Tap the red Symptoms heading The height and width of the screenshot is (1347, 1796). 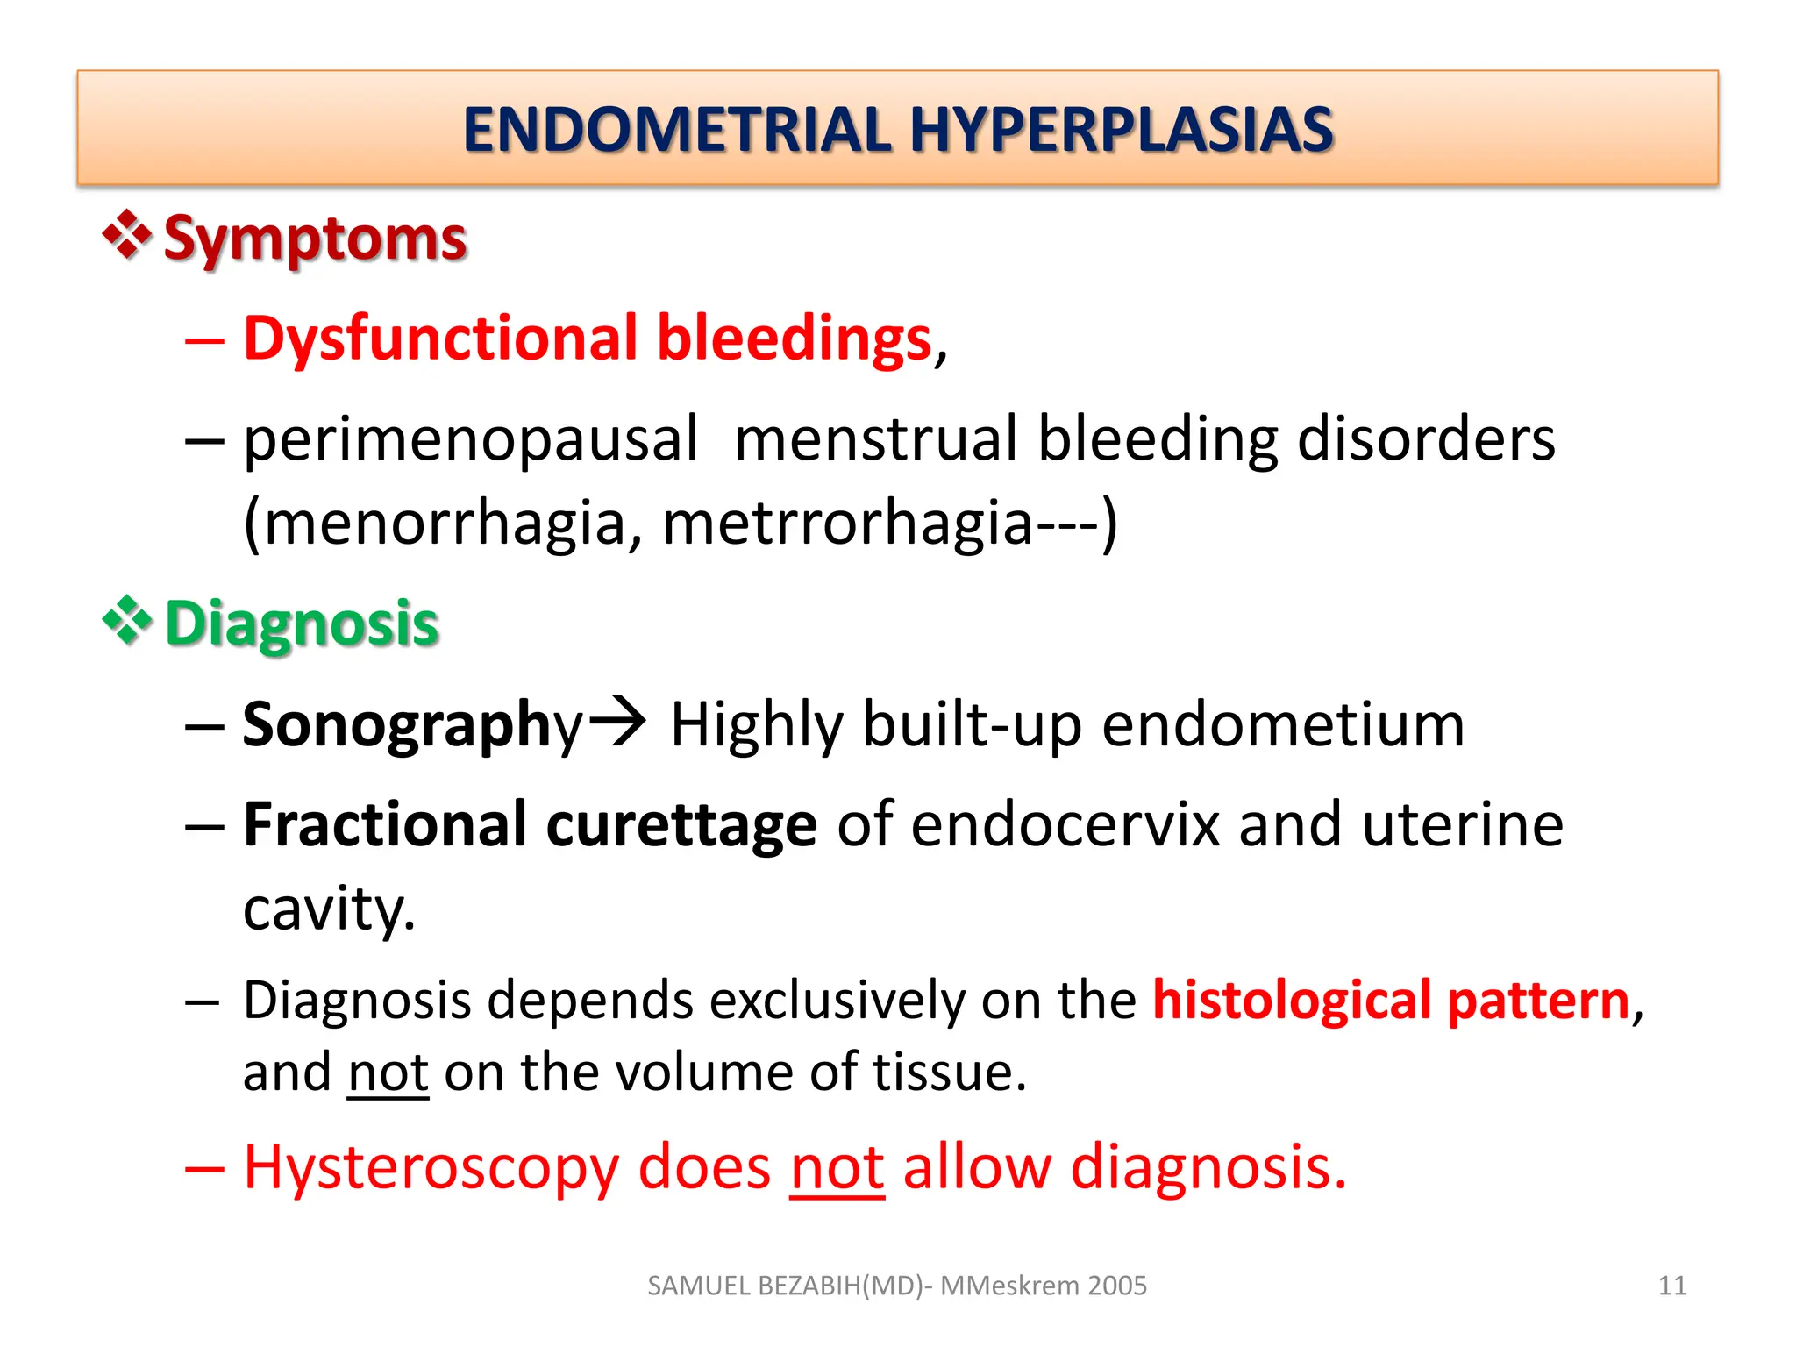point(315,239)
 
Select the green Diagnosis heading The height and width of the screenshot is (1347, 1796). point(302,624)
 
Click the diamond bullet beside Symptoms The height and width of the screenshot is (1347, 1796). point(128,235)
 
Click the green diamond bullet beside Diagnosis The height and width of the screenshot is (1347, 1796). point(128,620)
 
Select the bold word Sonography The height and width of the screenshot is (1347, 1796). point(412,725)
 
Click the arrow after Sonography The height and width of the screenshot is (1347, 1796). point(617,721)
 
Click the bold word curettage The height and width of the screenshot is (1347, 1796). point(681,825)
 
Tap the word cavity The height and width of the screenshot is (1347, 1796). point(329,909)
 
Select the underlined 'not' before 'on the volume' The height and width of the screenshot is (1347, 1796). point(388,1073)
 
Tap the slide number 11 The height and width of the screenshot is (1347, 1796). point(1672,1286)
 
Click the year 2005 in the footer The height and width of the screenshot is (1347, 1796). point(1116,1286)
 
